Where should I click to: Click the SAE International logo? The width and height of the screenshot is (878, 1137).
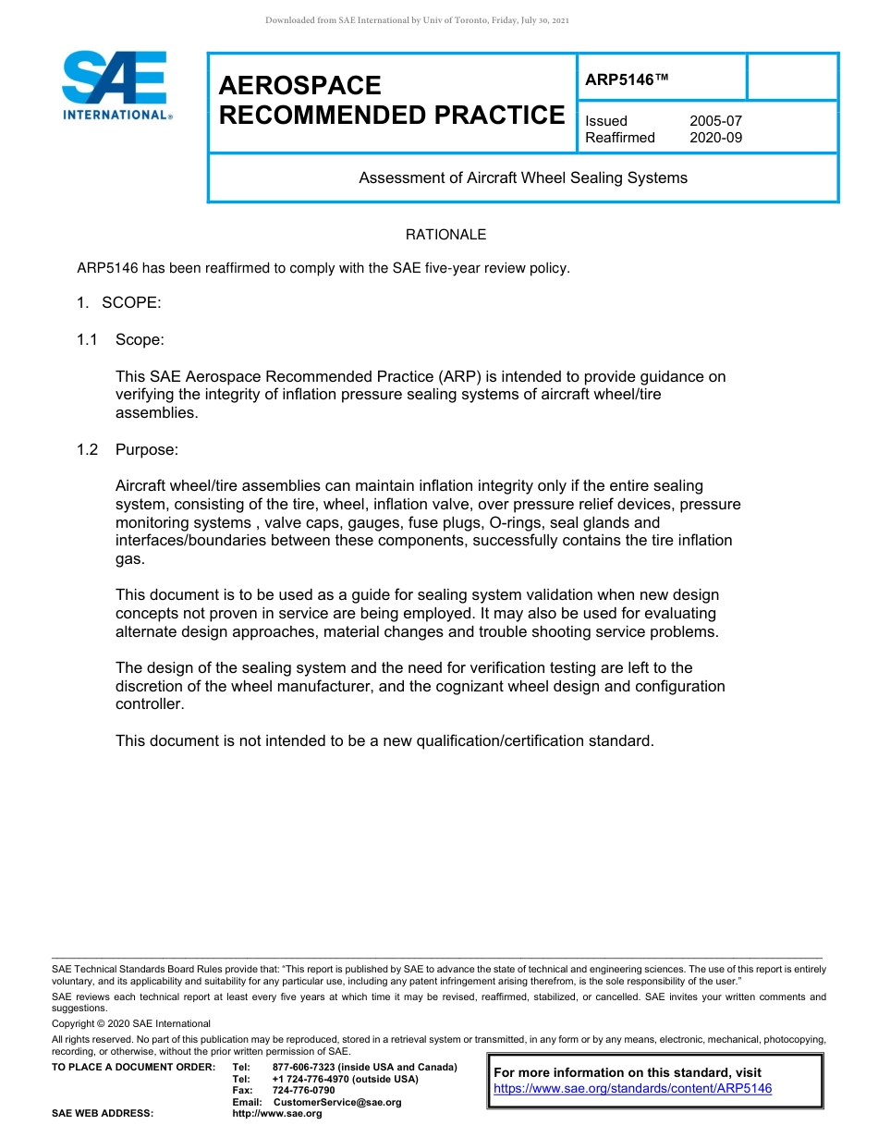(x=115, y=86)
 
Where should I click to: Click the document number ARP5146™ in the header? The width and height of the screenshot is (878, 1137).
(x=626, y=79)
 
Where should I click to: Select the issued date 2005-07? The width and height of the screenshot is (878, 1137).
(x=715, y=121)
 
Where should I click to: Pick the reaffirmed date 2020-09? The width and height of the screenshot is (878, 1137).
(x=715, y=138)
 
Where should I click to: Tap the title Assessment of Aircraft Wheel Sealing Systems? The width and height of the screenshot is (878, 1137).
(x=523, y=177)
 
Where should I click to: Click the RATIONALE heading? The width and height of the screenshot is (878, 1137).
(x=445, y=235)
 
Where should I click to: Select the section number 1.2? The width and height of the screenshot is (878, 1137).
(x=88, y=449)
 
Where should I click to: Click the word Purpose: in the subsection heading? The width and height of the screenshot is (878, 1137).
(x=147, y=449)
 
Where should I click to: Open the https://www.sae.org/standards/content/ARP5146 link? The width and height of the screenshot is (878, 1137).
(x=632, y=1088)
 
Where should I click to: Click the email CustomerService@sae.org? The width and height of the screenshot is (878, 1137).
(x=336, y=1102)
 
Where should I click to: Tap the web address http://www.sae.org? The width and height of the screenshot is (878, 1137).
(x=276, y=1113)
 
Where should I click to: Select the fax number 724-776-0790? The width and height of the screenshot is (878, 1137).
(x=303, y=1091)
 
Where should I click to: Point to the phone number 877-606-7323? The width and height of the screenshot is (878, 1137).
(x=304, y=1068)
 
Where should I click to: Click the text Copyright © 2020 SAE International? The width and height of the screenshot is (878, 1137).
(x=131, y=1023)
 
